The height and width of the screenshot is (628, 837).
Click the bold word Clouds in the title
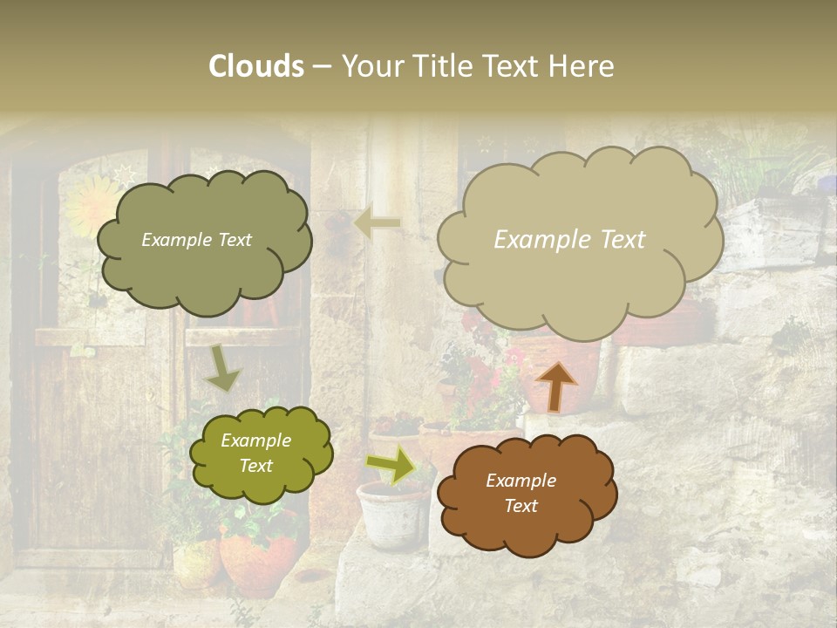(256, 66)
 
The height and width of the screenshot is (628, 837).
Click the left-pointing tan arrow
(377, 223)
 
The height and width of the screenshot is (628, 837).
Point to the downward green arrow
(223, 368)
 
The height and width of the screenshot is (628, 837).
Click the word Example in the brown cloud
(521, 481)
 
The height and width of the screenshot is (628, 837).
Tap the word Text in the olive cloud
(256, 466)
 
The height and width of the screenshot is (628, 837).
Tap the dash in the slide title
(322, 66)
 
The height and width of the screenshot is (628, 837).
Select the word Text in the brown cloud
(521, 506)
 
